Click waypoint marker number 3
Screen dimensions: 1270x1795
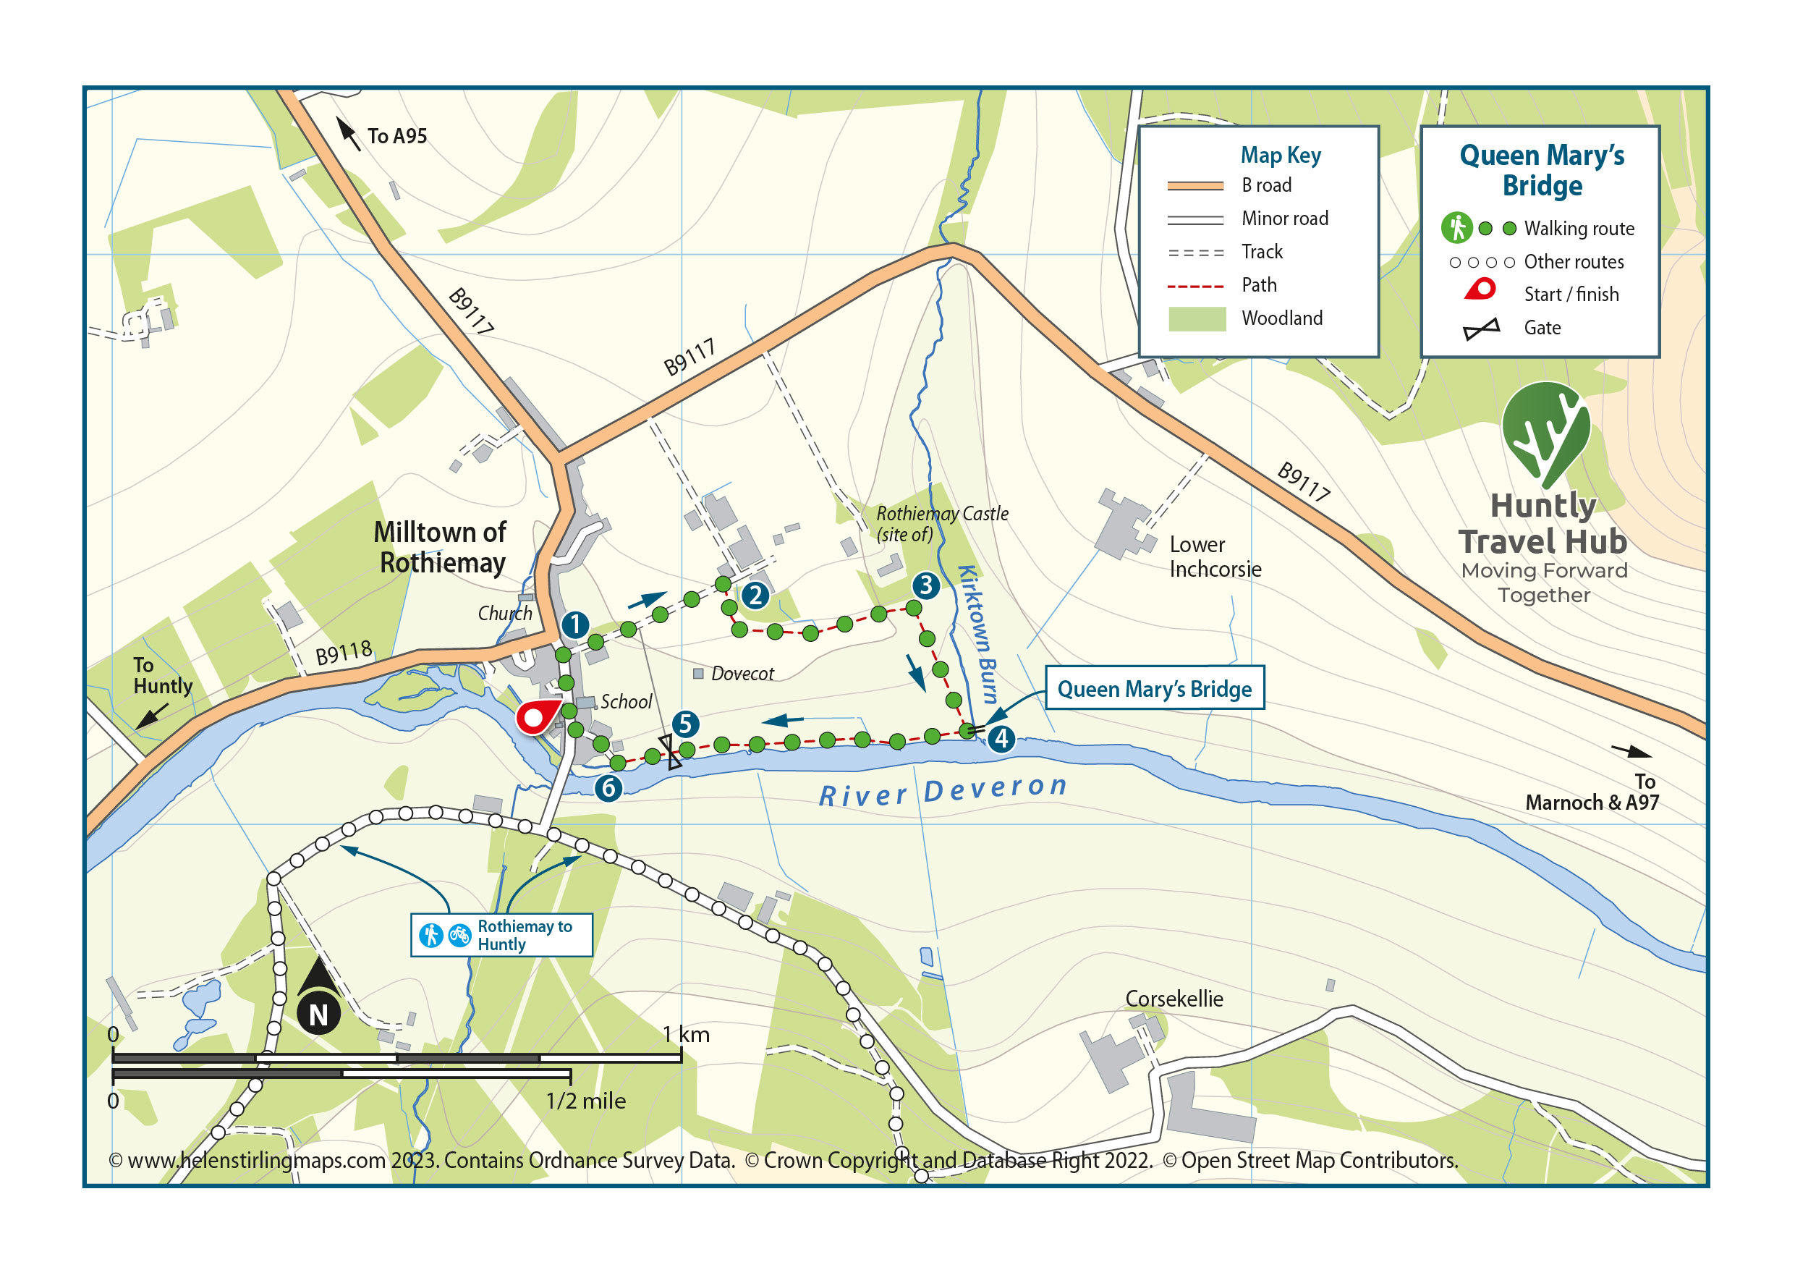(925, 585)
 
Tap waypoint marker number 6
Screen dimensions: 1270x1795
(608, 787)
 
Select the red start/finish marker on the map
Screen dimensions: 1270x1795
(535, 717)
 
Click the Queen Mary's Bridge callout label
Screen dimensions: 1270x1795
(1154, 688)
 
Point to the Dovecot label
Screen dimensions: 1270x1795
(742, 673)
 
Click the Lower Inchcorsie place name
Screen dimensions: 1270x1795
(1214, 556)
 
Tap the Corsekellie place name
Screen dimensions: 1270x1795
(1174, 999)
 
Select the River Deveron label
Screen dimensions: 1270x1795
(942, 791)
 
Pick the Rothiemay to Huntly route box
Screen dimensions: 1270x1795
(502, 934)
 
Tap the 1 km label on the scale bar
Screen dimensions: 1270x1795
(686, 1035)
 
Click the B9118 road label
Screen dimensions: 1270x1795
(343, 653)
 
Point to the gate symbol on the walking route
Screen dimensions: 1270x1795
(670, 752)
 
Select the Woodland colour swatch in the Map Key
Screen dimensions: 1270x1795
(1196, 318)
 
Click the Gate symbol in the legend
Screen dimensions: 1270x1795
(1481, 329)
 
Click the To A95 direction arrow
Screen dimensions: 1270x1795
(348, 133)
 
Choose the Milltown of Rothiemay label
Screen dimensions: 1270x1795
(441, 547)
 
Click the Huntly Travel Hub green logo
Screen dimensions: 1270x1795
(1544, 434)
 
